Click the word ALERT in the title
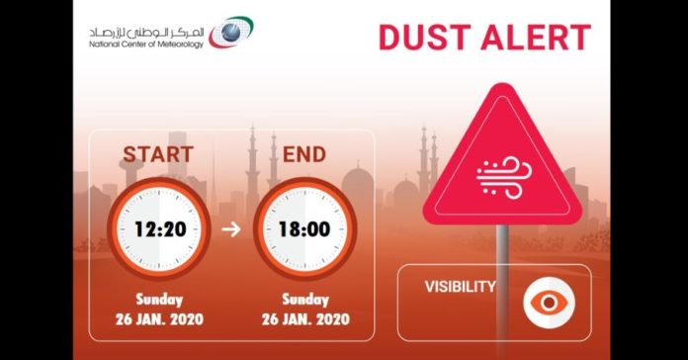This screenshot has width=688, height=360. point(535,38)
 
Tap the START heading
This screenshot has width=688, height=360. point(157,154)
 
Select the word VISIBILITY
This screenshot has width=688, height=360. point(461,288)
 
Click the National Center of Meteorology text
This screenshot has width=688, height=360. point(145,44)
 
